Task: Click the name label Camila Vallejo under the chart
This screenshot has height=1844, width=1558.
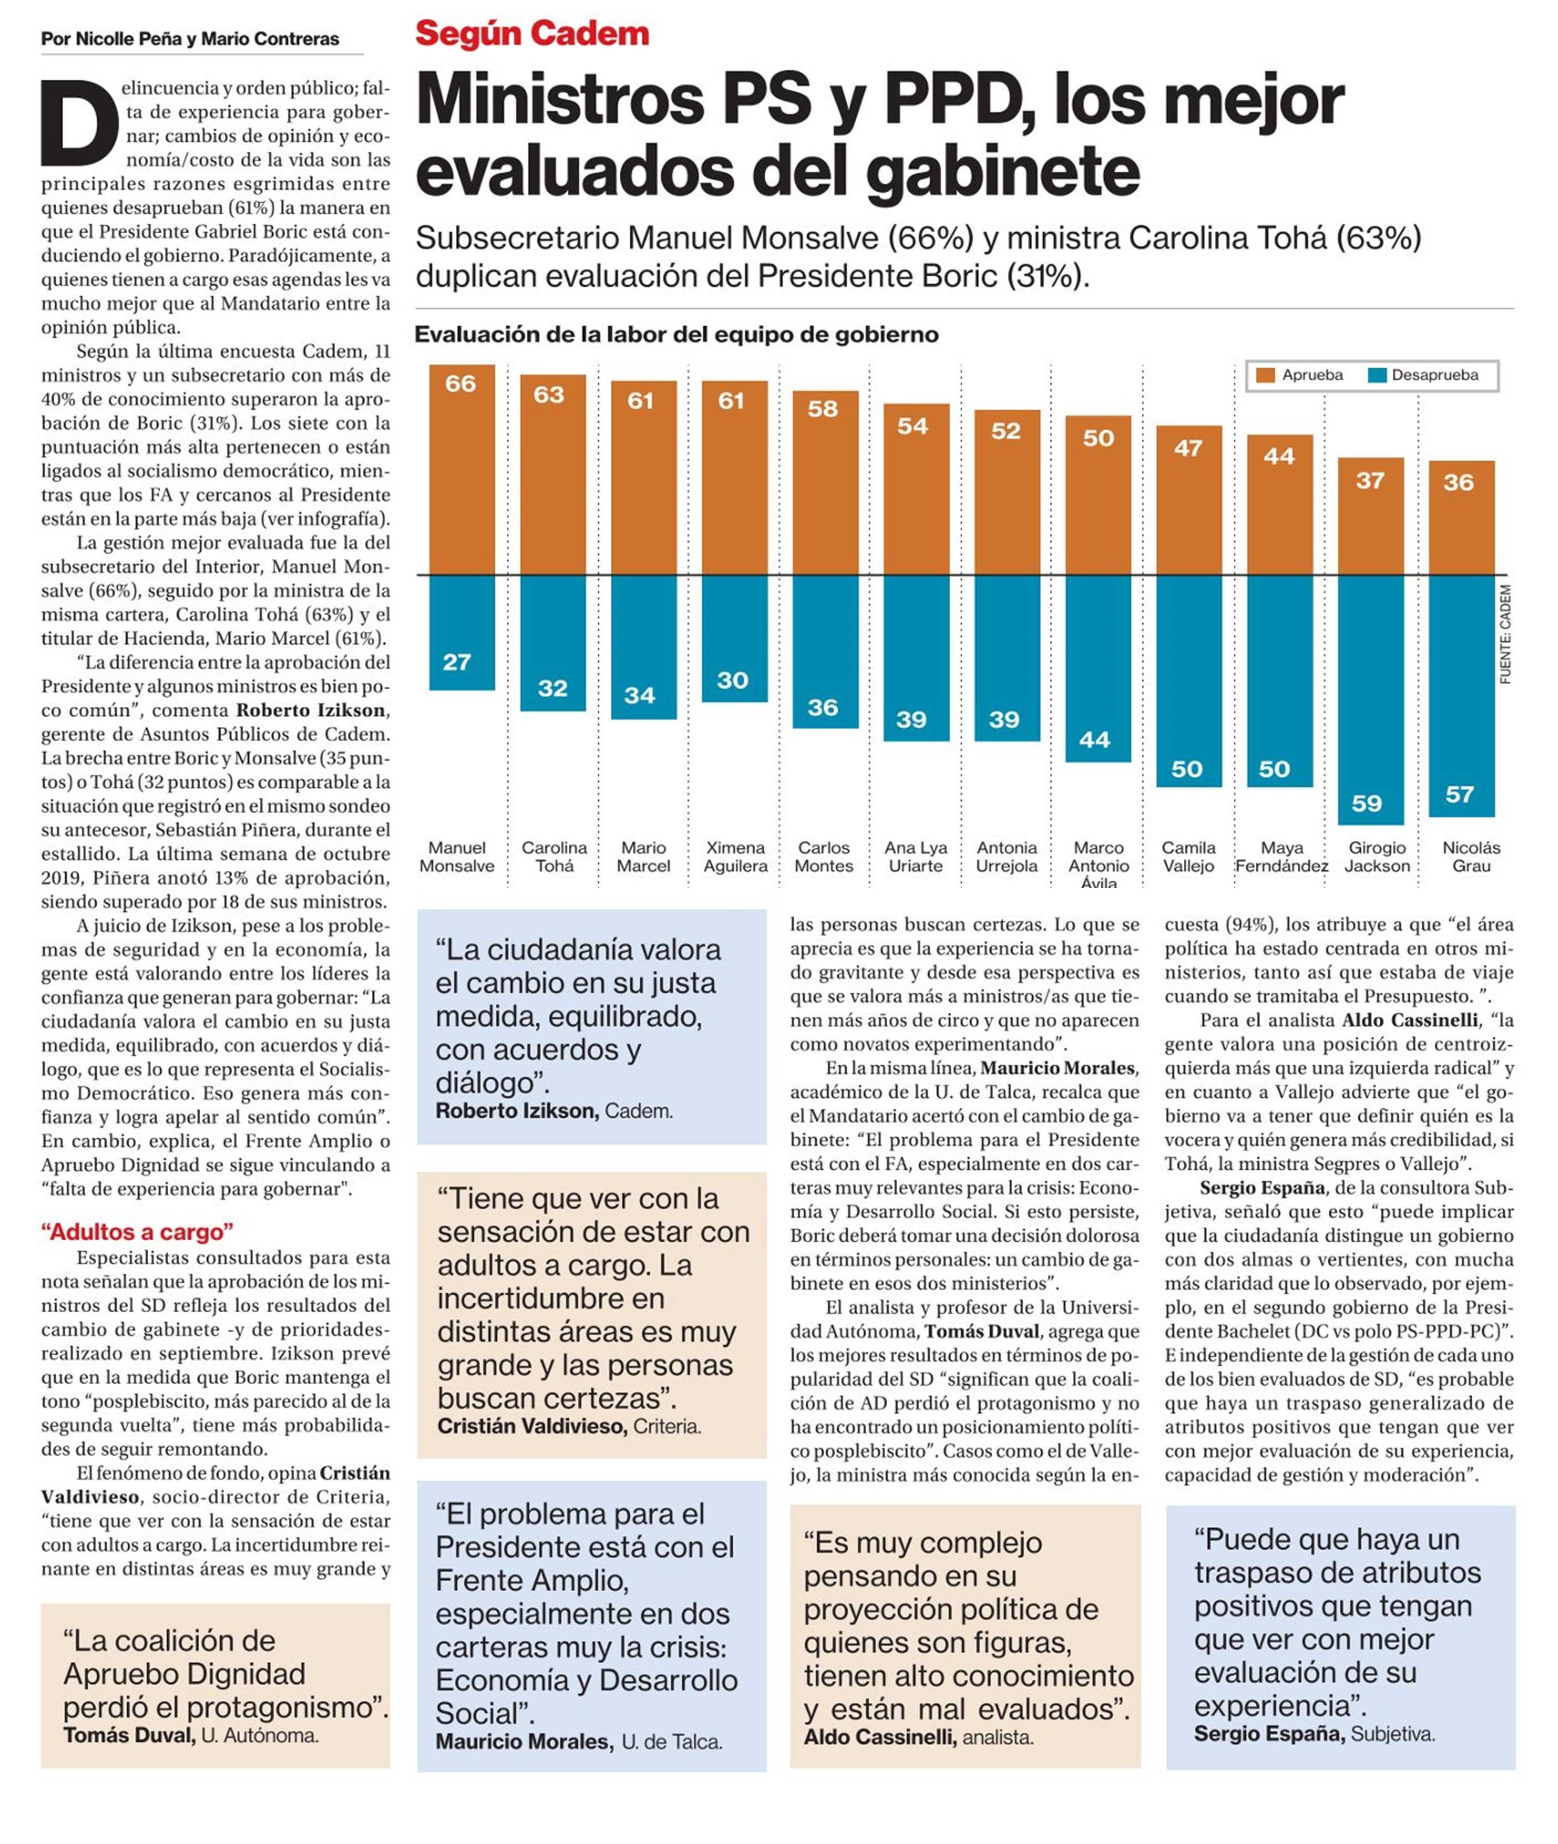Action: pyautogui.click(x=1188, y=856)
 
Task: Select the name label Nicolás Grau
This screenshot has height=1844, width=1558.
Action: pyautogui.click(x=1471, y=856)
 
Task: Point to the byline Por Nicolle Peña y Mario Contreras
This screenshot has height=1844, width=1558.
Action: pyautogui.click(x=190, y=39)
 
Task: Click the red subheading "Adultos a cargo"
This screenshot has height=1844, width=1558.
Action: pyautogui.click(x=137, y=1232)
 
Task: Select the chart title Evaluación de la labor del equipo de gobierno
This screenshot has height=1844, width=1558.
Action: pyautogui.click(x=676, y=335)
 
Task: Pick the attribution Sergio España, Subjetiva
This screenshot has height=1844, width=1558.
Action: pyautogui.click(x=1313, y=1734)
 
